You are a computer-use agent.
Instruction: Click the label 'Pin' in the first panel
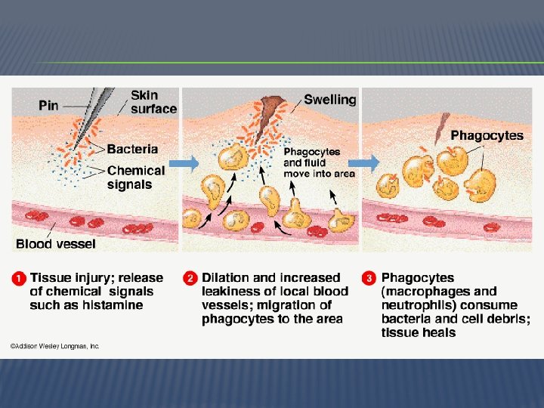pos(48,106)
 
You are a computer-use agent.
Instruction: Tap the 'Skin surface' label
pos(153,102)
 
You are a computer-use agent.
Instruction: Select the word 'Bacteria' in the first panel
pos(132,149)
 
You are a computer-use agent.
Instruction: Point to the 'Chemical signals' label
pos(135,178)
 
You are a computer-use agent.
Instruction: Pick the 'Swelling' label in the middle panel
pos(330,99)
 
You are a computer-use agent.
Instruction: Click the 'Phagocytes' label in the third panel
pos(487,135)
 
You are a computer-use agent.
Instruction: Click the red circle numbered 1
pos(17,278)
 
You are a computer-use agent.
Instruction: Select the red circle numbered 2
pos(190,278)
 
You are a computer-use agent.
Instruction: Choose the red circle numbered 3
pos(369,278)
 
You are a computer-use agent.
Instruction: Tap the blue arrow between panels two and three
pos(366,162)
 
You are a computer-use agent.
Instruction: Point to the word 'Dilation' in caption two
pos(227,278)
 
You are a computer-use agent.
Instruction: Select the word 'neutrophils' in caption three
pos(415,305)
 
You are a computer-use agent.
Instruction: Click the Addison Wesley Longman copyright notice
pos(55,346)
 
